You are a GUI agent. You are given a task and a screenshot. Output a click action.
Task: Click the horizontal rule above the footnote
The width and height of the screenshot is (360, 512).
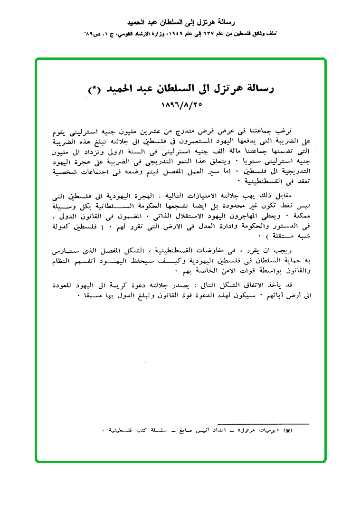point(263,423)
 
